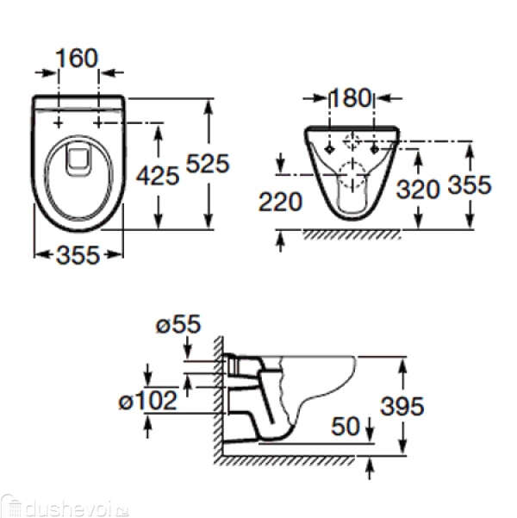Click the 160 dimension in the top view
(77, 58)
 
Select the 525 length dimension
(208, 163)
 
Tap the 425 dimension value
(158, 176)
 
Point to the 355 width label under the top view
(78, 255)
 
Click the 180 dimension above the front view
(351, 97)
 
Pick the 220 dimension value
(280, 202)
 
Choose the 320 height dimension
(418, 190)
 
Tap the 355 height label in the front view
(470, 184)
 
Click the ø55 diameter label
(178, 324)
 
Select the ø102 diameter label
(148, 401)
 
